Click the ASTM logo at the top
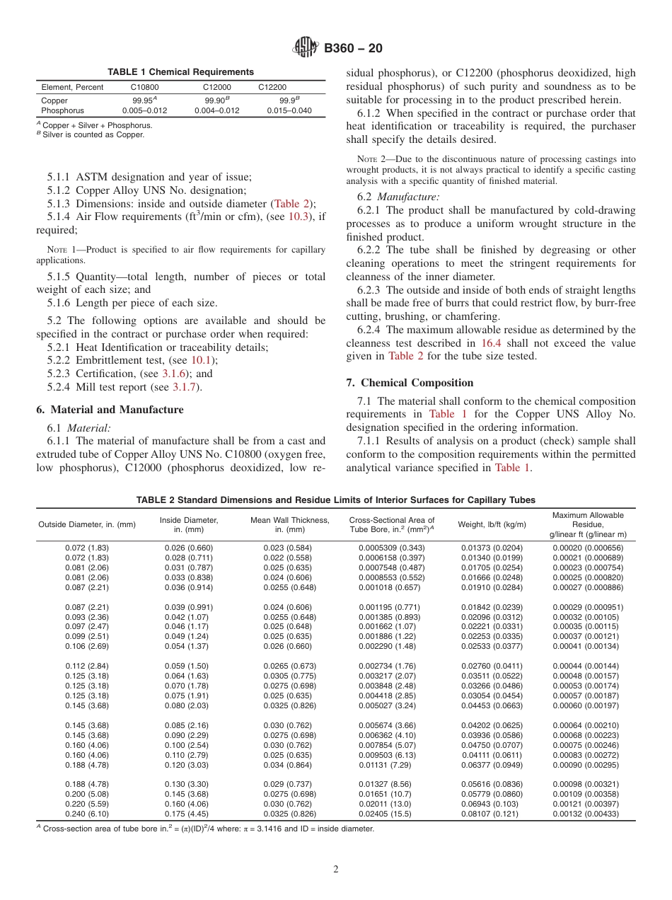305,49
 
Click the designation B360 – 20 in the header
353,49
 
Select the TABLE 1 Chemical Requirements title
180,71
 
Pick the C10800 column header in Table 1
145,87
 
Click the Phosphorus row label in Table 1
62,110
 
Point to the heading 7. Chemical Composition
410,383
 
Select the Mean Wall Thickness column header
290,524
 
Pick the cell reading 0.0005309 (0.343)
391,548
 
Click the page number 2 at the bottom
336,870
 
